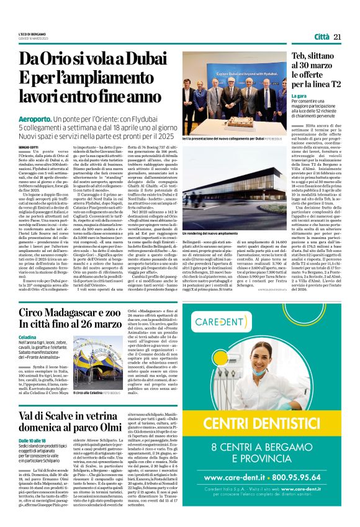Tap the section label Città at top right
click(x=322, y=37)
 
